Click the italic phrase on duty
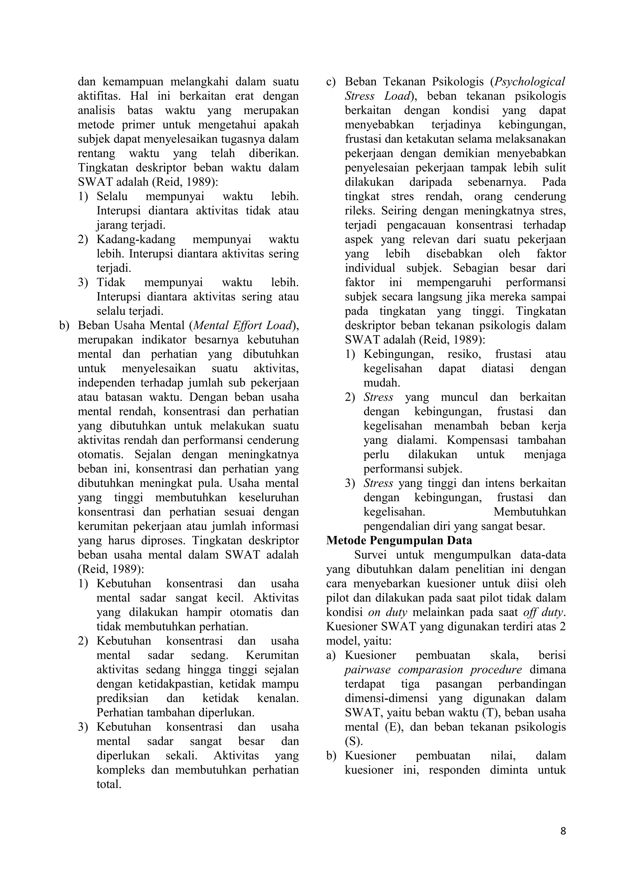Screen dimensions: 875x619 [x=387, y=612]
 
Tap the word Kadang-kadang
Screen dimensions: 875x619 [x=136, y=239]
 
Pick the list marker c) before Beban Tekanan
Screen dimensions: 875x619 [x=330, y=82]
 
